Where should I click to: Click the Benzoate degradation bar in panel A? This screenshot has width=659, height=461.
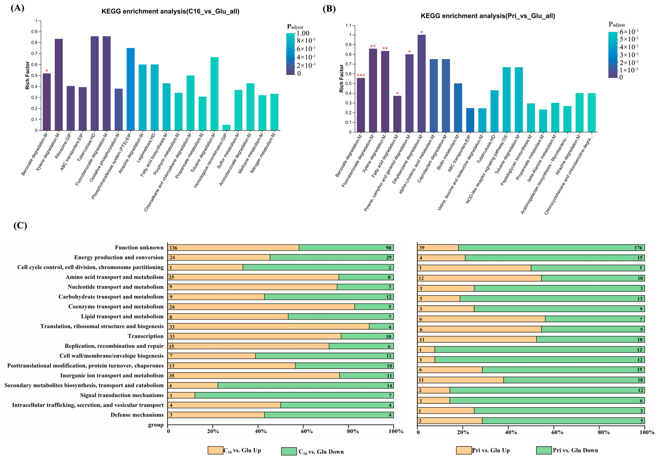[47, 102]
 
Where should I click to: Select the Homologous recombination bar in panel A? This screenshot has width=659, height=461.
[226, 128]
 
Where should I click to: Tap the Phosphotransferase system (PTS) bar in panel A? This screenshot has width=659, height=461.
[131, 89]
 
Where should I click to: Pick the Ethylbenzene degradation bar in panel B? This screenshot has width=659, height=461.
[422, 83]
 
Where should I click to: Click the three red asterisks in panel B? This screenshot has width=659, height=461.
[361, 75]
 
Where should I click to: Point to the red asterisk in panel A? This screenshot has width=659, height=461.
[47, 71]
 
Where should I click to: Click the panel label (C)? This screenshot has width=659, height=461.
[20, 225]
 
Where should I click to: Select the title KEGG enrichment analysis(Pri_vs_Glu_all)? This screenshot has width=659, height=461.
[488, 16]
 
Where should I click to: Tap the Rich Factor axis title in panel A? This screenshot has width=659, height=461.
[28, 75]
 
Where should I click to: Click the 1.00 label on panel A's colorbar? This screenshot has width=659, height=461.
[303, 33]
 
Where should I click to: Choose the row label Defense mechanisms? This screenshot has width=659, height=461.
[137, 415]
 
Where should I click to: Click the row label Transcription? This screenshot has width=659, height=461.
[145, 336]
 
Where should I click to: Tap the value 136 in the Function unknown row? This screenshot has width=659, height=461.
[174, 248]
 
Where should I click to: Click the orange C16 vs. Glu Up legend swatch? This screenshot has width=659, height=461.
[215, 450]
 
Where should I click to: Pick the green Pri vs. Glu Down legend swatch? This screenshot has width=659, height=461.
[544, 450]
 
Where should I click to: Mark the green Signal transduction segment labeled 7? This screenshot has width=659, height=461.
[294, 395]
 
